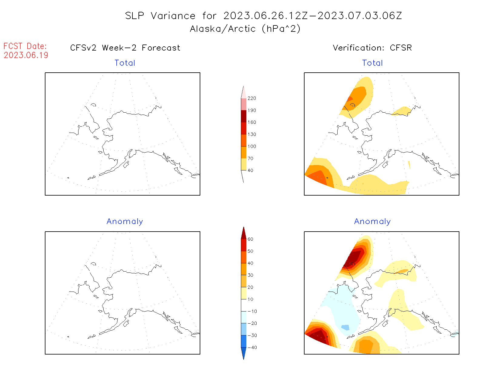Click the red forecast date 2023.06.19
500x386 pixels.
click(26, 55)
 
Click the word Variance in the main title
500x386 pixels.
click(173, 16)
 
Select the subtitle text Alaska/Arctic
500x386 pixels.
click(223, 29)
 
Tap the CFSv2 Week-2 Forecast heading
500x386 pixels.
click(125, 48)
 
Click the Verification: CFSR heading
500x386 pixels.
click(372, 48)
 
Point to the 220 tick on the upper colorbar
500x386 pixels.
click(252, 98)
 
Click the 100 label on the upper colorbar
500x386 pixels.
click(252, 147)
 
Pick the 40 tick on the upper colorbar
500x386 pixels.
click(250, 170)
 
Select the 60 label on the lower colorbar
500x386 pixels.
click(250, 239)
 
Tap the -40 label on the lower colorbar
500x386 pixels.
click(252, 348)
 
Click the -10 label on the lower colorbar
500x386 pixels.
click(252, 311)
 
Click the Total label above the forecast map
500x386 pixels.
click(125, 63)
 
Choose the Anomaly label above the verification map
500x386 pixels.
click(372, 222)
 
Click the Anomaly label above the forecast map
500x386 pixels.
click(125, 222)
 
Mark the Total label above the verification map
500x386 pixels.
click(372, 63)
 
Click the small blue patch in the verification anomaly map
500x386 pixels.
click(345, 327)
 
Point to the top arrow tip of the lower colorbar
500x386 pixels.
click(244, 228)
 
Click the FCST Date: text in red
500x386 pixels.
click(25, 46)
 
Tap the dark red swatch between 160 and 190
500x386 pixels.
click(244, 116)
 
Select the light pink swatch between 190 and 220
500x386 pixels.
click(244, 104)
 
